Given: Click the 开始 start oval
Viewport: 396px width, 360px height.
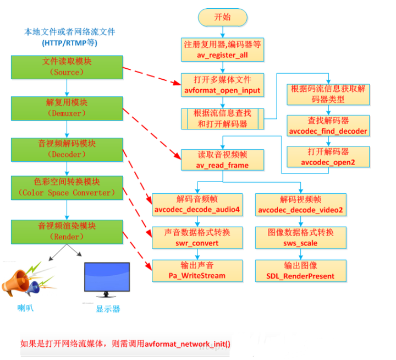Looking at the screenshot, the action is [x=223, y=18].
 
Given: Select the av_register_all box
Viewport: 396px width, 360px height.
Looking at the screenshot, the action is [x=223, y=50].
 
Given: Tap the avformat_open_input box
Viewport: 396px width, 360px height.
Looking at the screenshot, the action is [x=223, y=85].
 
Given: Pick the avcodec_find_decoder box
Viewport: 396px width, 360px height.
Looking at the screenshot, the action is [x=328, y=126].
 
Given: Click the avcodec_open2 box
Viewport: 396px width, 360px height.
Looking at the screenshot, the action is [x=328, y=157].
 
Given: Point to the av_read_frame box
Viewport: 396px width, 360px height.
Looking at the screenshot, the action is [x=223, y=160].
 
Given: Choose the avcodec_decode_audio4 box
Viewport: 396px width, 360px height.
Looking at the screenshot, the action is [x=197, y=205].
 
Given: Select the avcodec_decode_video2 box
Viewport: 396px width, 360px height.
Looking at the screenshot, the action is [x=301, y=205].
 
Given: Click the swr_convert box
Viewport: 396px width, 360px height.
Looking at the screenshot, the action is [x=197, y=238].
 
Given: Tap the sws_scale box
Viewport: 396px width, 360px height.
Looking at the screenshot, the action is [x=301, y=238].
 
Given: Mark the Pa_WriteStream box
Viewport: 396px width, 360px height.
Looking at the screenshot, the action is [x=197, y=271].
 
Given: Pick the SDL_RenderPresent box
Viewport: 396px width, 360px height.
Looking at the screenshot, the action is [x=301, y=271].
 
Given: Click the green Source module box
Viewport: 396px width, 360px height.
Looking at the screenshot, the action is [x=67, y=67].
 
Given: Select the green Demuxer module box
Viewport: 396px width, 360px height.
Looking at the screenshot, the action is [x=67, y=108].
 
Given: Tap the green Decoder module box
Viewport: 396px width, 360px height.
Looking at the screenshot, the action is [x=67, y=150].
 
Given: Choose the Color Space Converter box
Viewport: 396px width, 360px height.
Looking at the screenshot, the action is [x=67, y=188].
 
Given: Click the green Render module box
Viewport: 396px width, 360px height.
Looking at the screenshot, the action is [x=67, y=232].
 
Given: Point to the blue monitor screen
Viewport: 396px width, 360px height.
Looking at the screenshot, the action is [x=107, y=277].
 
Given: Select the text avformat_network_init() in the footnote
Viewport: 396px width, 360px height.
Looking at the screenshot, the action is [x=188, y=344].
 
